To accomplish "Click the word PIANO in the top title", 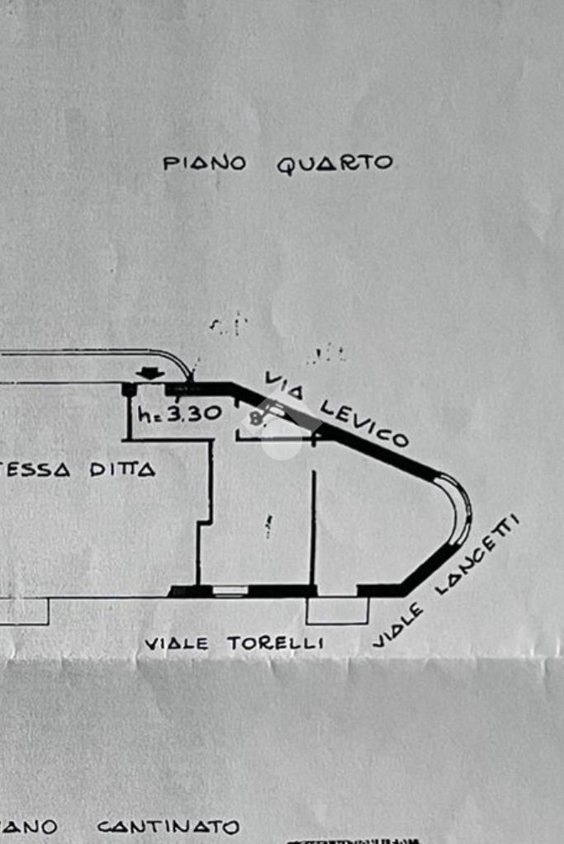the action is click(x=204, y=163).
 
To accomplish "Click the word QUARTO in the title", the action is click(x=334, y=163).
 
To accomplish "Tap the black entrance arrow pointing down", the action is click(x=149, y=374).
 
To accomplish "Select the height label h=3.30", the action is click(x=179, y=413).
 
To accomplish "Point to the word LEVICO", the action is click(x=364, y=421).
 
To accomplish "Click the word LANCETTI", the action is click(x=478, y=554).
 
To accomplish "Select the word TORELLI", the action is click(x=276, y=644).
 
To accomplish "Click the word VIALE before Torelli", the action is click(x=177, y=644).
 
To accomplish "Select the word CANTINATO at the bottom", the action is click(x=168, y=827).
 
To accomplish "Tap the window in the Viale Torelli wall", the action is click(x=230, y=591).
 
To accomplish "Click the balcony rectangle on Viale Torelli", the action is click(x=337, y=611).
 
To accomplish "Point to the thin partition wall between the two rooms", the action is click(x=313, y=528).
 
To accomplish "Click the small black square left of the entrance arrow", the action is click(x=128, y=389).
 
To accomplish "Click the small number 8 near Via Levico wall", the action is click(x=255, y=418).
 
